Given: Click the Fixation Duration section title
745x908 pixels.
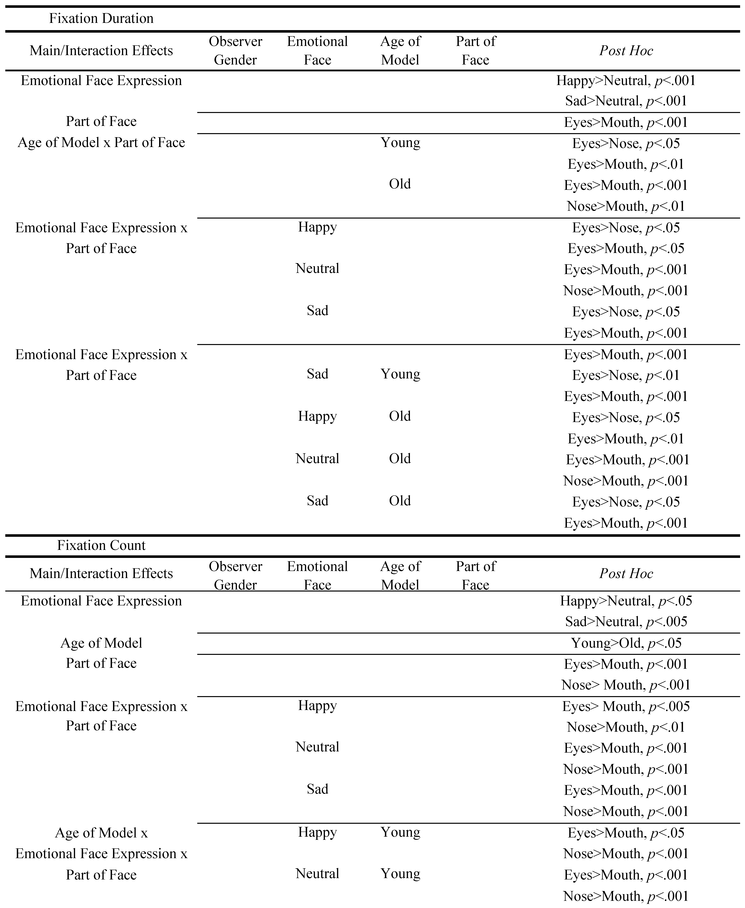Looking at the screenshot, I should click(x=101, y=18).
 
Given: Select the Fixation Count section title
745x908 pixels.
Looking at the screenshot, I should click(x=101, y=545).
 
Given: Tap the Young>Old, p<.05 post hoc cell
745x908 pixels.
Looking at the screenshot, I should click(x=626, y=643).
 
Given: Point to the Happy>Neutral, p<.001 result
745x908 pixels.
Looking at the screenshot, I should click(x=626, y=81).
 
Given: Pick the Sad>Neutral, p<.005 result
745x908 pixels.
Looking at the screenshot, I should click(x=626, y=621).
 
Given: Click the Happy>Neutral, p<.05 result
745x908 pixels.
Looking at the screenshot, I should click(x=626, y=601).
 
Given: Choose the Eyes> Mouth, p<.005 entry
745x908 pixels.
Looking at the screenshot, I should click(x=626, y=706).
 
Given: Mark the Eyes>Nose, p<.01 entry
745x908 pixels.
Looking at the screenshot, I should click(x=626, y=376).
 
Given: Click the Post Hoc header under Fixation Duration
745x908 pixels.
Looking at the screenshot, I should click(x=626, y=51).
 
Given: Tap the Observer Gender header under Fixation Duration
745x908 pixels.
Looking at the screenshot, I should click(x=235, y=51).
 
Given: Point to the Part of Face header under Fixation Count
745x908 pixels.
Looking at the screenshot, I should click(x=475, y=575).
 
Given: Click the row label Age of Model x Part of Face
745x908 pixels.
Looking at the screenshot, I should click(x=101, y=143).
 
